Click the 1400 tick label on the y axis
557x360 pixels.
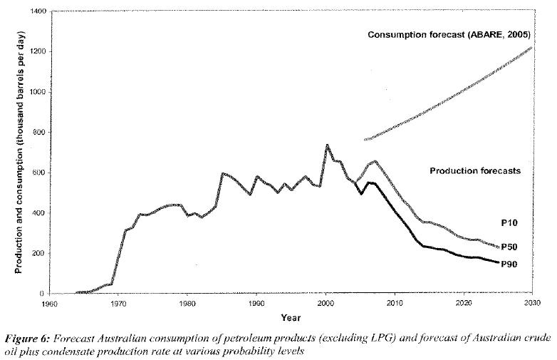pyautogui.click(x=37, y=12)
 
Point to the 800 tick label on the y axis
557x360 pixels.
pyautogui.click(x=39, y=133)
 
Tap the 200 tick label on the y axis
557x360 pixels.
pyautogui.click(x=39, y=253)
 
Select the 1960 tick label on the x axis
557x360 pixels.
pyautogui.click(x=49, y=302)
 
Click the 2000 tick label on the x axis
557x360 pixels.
pyautogui.click(x=326, y=302)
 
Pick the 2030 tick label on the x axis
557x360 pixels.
pyautogui.click(x=533, y=302)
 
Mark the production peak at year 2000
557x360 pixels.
pyautogui.click(x=327, y=145)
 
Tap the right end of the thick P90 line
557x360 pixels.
pyautogui.click(x=498, y=263)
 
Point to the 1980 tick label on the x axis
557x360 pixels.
pyautogui.click(x=187, y=302)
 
